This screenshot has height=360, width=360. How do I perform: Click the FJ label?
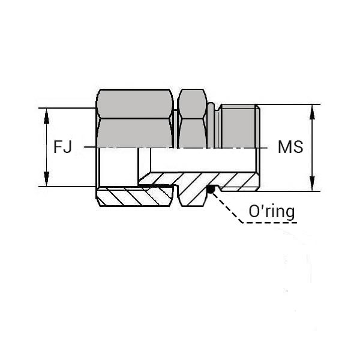tap(62, 147)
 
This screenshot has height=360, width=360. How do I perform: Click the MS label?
tap(290, 147)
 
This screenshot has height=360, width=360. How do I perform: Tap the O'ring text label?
tap(272, 211)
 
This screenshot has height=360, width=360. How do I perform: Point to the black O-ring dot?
tap(211, 190)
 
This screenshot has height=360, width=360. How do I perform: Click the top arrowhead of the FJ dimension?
tap(46, 116)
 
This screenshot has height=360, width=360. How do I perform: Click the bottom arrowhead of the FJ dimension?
tap(46, 178)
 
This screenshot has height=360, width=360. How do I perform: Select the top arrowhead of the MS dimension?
tap(312, 113)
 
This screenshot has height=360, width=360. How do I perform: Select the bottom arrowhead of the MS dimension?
tap(312, 183)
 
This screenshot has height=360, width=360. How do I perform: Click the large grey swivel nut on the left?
tap(135, 118)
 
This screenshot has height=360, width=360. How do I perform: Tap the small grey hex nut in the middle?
tap(193, 118)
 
